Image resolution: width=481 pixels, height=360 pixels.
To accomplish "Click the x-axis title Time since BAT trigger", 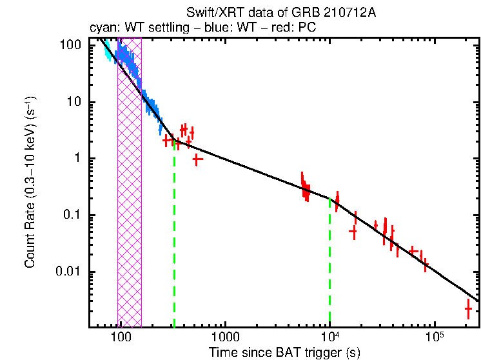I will [284, 352].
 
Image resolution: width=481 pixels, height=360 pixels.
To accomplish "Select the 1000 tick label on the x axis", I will [225, 337].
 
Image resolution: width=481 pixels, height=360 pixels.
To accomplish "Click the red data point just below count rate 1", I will [198, 158].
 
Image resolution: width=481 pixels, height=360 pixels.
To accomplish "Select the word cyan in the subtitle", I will [101, 28].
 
